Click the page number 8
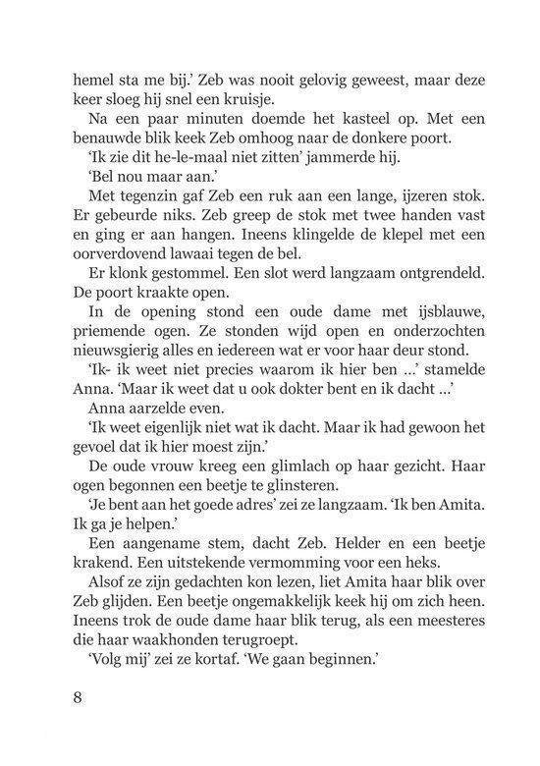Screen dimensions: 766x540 (78, 698)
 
